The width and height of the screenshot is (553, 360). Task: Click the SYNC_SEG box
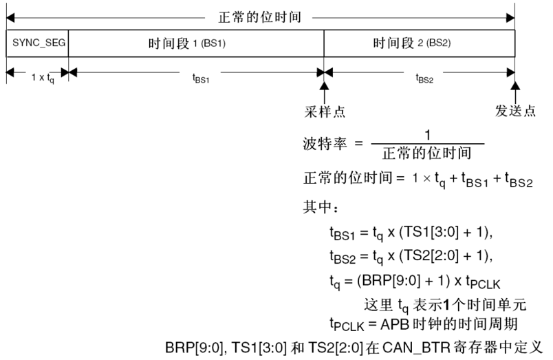click(x=37, y=43)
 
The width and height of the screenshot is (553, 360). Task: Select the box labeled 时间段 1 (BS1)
click(x=196, y=43)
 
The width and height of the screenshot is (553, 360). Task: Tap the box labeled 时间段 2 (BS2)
click(x=419, y=43)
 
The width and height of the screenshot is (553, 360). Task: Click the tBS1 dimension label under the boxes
click(x=201, y=77)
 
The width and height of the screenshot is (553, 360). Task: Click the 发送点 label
click(x=516, y=112)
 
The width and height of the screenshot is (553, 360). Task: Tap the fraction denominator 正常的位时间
click(x=427, y=153)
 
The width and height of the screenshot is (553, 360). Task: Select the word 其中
click(x=316, y=207)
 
